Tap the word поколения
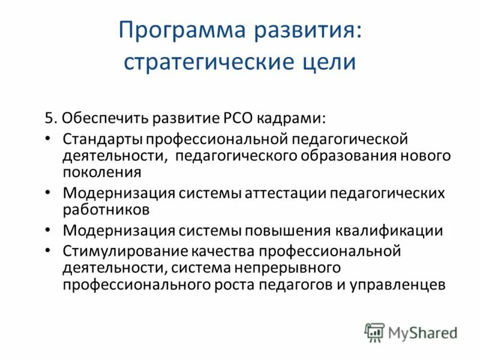pyautogui.click(x=101, y=173)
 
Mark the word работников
pyautogui.click(x=106, y=210)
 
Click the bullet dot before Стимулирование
pyautogui.click(x=48, y=251)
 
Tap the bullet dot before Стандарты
pyautogui.click(x=48, y=139)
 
